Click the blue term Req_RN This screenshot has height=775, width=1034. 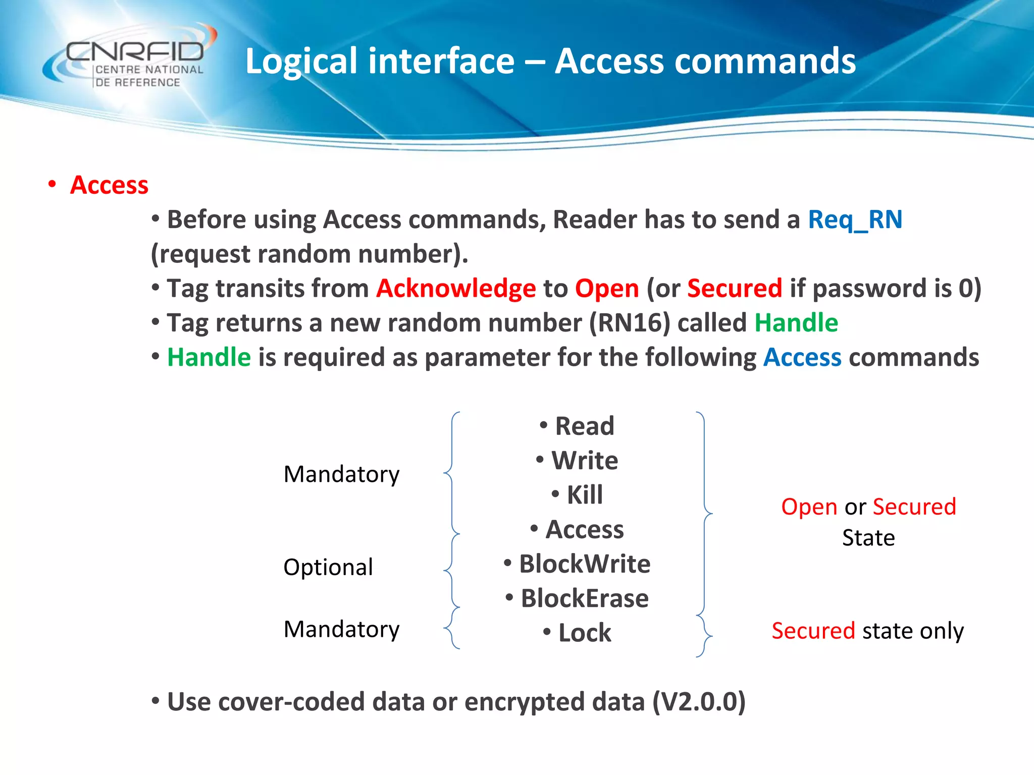855,220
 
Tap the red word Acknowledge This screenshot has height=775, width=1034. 456,289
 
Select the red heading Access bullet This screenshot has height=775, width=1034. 109,185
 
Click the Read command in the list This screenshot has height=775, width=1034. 584,426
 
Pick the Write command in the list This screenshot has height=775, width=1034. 584,461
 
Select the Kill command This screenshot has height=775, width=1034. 584,495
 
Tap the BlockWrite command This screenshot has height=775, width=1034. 584,564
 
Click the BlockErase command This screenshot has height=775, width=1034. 584,598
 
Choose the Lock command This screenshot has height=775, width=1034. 584,633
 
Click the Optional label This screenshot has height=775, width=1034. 328,567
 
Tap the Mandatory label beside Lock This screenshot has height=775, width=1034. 341,629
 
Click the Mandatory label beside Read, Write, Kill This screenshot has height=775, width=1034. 341,474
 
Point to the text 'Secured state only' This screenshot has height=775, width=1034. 867,631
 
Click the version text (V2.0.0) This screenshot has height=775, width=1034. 699,702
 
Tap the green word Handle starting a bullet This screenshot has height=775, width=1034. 209,357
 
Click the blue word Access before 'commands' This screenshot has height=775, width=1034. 802,357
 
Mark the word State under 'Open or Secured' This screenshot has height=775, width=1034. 868,538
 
